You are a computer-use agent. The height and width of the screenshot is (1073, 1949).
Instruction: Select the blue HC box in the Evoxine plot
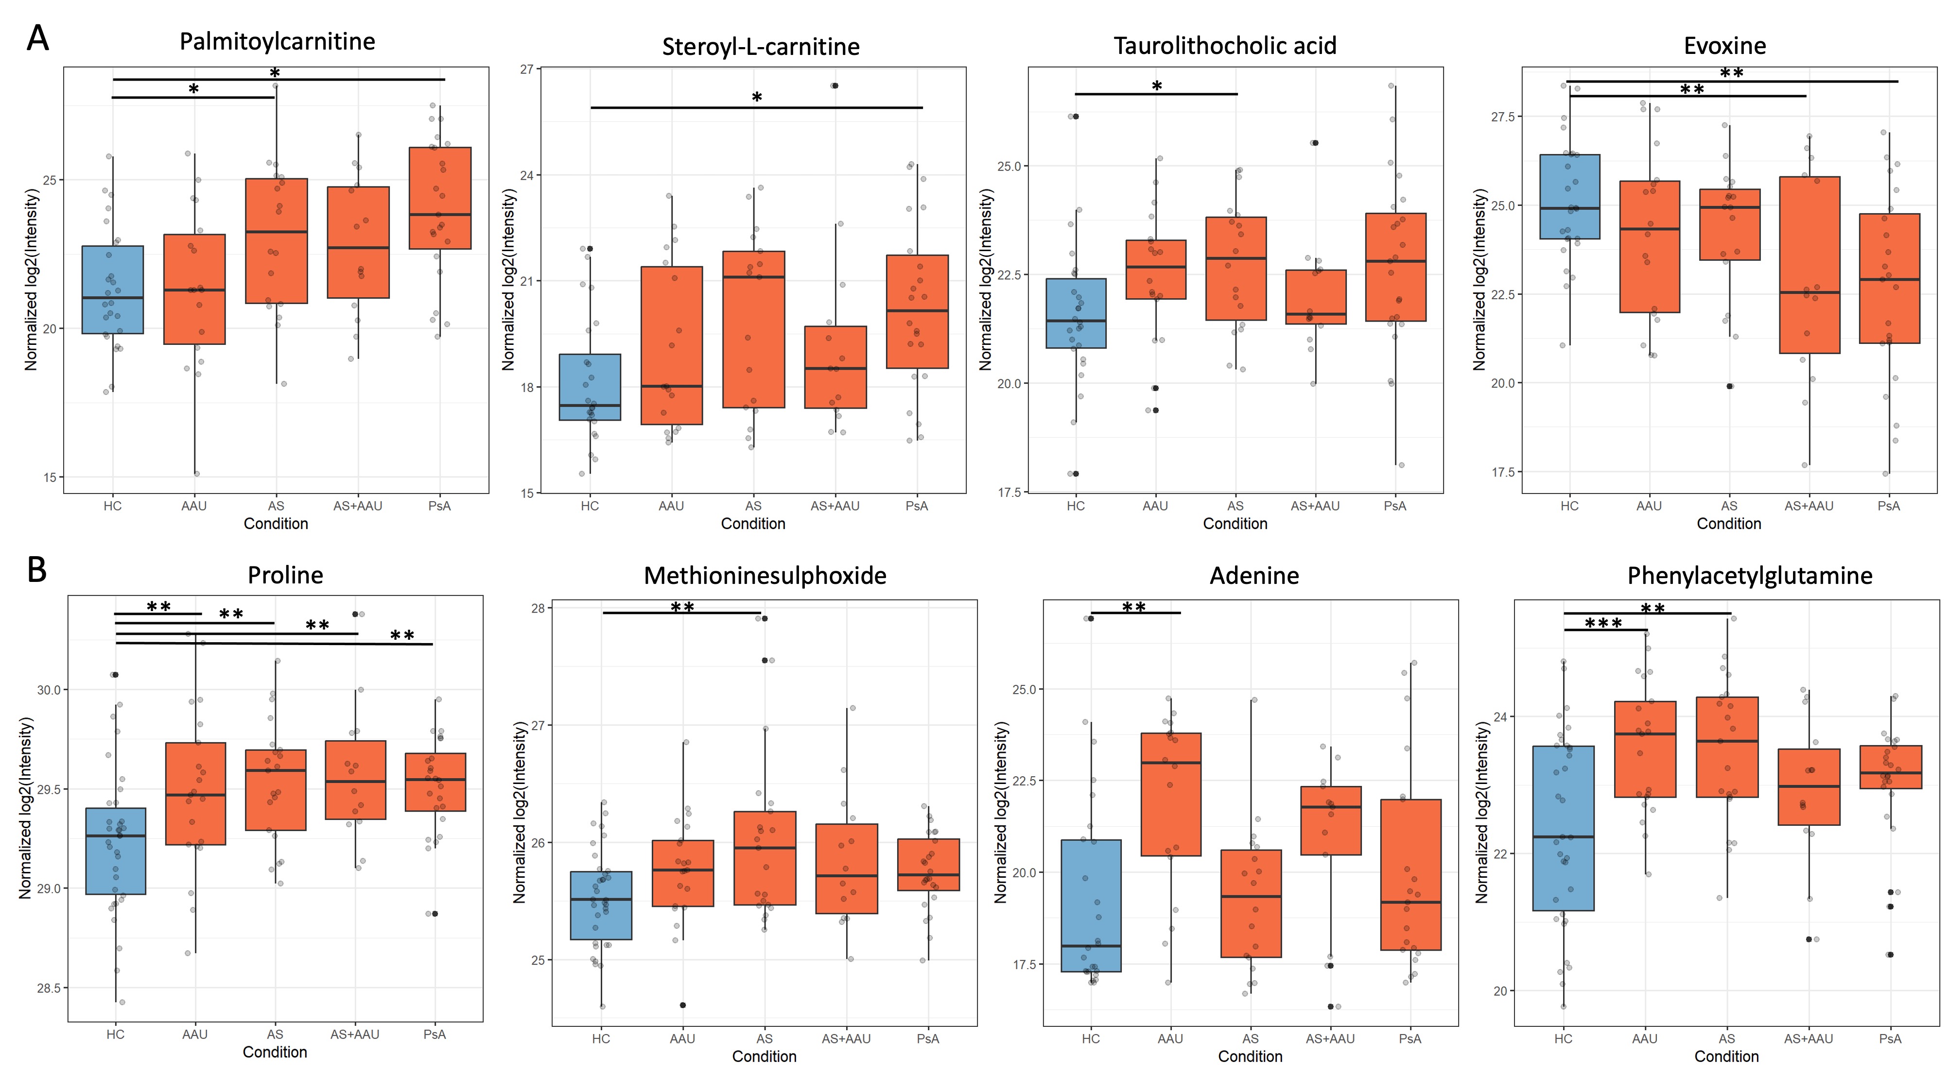click(1570, 197)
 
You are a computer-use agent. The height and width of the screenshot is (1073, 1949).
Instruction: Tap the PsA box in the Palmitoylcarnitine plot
click(439, 198)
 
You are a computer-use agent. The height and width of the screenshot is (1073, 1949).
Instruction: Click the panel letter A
click(38, 38)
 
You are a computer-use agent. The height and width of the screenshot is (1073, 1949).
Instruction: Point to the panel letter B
click(37, 569)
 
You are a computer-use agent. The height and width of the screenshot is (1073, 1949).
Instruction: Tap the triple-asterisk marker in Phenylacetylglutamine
click(1603, 624)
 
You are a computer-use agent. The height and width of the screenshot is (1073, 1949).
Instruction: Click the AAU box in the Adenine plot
click(1170, 794)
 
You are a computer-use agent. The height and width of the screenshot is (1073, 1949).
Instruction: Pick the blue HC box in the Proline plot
click(116, 851)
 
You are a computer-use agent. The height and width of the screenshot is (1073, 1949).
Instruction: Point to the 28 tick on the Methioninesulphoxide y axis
click(538, 608)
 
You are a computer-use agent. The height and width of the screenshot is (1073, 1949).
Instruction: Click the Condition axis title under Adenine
click(1250, 1056)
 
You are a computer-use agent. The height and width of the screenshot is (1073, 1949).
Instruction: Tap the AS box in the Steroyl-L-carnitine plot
click(753, 330)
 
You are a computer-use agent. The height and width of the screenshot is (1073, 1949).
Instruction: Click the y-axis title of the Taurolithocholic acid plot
click(985, 280)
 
